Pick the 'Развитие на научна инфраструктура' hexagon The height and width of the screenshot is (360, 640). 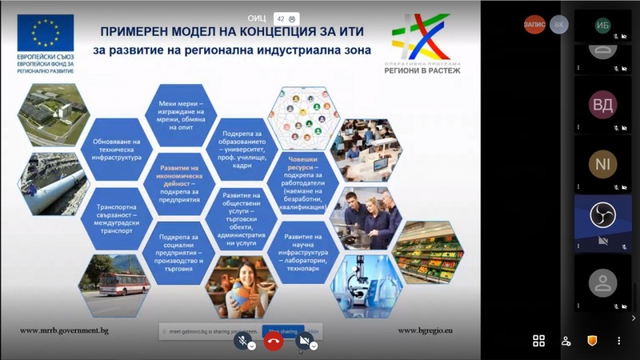pyautogui.click(x=304, y=249)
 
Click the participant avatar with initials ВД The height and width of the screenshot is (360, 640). pyautogui.click(x=602, y=105)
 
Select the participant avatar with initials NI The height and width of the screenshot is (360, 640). pyautogui.click(x=602, y=164)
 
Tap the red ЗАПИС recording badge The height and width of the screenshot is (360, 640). pyautogui.click(x=534, y=24)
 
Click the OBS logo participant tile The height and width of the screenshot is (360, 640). pyautogui.click(x=602, y=215)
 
